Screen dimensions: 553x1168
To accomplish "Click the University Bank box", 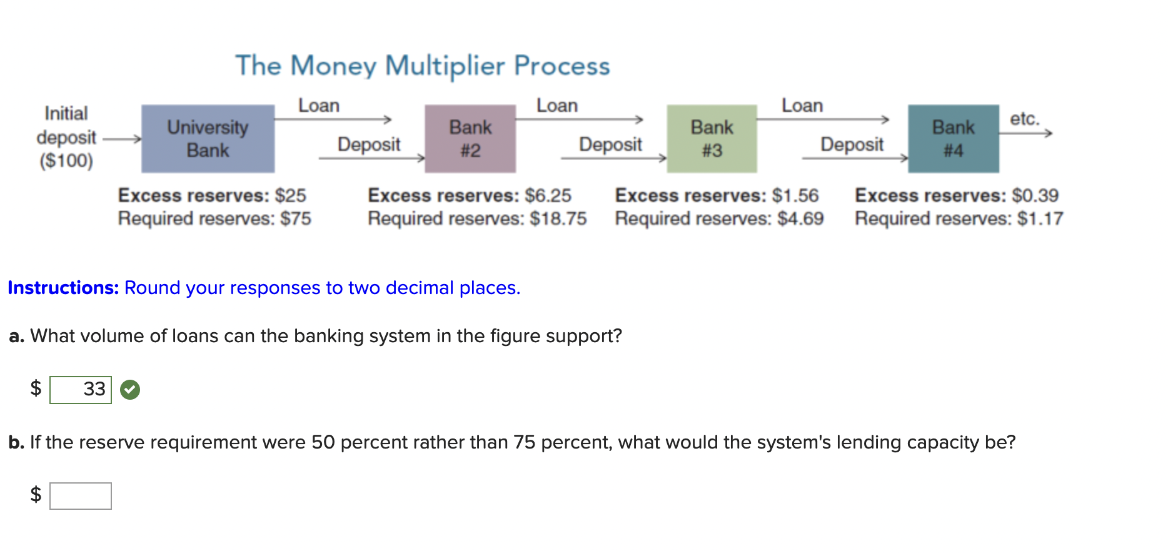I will (x=208, y=139).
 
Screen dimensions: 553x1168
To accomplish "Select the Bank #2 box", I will (x=470, y=139).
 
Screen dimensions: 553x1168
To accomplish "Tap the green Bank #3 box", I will (x=712, y=139).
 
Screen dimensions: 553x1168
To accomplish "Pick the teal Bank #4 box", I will (x=953, y=139).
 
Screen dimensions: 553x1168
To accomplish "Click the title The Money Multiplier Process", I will (x=423, y=66).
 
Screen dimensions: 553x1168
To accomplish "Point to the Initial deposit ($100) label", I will (x=66, y=137).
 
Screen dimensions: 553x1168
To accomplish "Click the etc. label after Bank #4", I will (x=1024, y=118).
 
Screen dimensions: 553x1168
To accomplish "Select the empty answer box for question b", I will (x=81, y=496).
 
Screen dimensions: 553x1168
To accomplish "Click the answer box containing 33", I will (x=81, y=390).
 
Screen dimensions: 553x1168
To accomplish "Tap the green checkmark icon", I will (x=130, y=390).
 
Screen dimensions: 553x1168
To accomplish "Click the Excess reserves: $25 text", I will (x=212, y=195).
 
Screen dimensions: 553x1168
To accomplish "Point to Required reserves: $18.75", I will (x=477, y=219).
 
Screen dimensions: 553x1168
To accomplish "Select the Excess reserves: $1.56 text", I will (x=717, y=195).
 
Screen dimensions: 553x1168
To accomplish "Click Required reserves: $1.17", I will (x=959, y=219).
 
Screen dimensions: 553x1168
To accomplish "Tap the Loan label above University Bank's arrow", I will (x=319, y=106).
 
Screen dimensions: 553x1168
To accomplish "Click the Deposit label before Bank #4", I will (x=852, y=145).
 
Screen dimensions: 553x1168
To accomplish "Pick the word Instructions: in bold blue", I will (x=63, y=288).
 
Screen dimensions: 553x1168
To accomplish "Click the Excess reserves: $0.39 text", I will (x=957, y=195).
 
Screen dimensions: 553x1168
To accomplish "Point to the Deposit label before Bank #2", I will (x=369, y=145).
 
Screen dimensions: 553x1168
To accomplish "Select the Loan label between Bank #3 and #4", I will (x=802, y=106).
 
